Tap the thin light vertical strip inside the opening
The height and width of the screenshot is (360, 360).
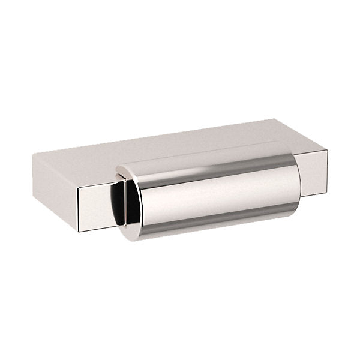point(124,204)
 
